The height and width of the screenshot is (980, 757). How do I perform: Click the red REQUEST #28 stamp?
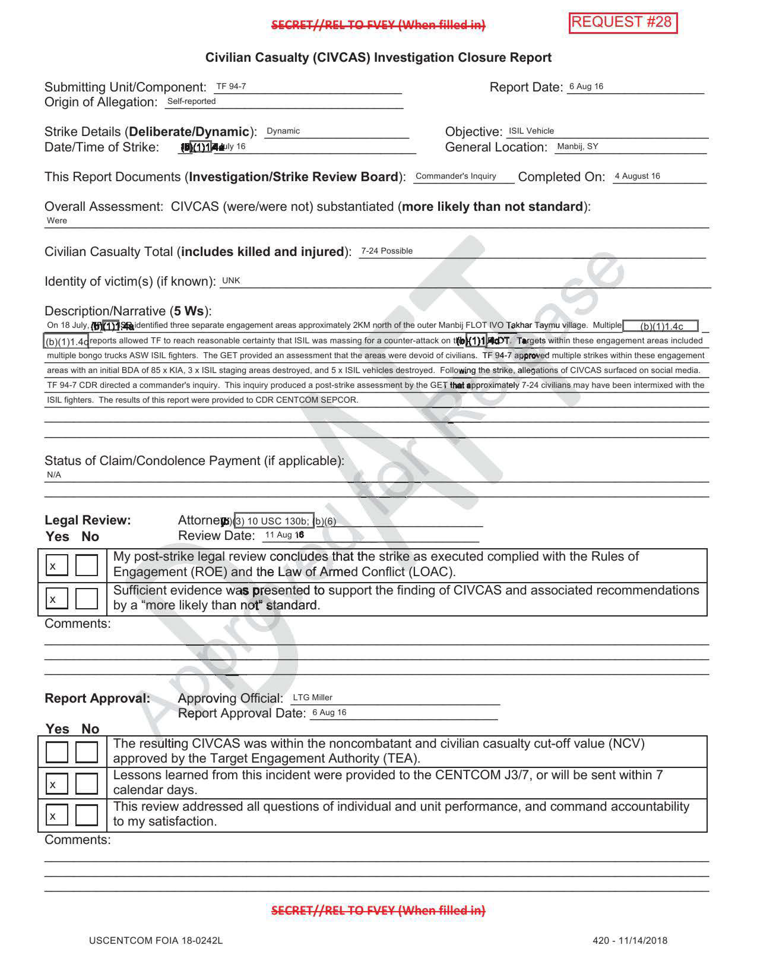tap(623, 23)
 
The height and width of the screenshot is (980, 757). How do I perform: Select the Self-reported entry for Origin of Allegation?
tap(191, 101)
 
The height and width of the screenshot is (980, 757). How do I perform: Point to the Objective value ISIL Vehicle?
tap(531, 131)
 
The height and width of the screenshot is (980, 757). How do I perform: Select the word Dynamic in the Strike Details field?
tap(283, 131)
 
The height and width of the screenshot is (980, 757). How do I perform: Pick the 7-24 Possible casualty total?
tap(387, 251)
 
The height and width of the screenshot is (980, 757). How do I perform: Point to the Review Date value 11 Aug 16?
tap(284, 535)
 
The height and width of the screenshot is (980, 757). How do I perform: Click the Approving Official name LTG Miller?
tap(313, 697)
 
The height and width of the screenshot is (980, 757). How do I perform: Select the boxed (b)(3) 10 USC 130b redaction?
tap(274, 521)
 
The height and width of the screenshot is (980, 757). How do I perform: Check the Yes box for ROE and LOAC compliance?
tap(56, 565)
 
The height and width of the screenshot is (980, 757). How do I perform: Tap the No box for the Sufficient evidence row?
tap(87, 598)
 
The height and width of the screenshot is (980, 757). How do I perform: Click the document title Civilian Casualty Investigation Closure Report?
tap(378, 57)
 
